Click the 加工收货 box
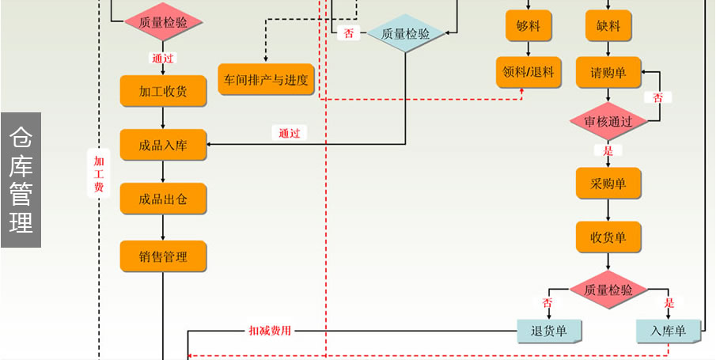click(x=163, y=91)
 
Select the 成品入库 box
click(x=163, y=145)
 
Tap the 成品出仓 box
click(x=163, y=199)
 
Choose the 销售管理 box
click(x=163, y=256)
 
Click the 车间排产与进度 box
click(x=266, y=79)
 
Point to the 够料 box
click(x=528, y=26)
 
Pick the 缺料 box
click(x=608, y=26)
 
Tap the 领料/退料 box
click(x=528, y=72)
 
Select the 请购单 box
click(x=608, y=73)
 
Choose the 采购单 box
click(x=608, y=184)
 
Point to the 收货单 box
click(x=608, y=237)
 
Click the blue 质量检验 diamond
click(x=406, y=34)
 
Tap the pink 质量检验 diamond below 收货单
click(x=608, y=290)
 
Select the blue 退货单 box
click(x=549, y=331)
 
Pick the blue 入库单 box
click(x=668, y=331)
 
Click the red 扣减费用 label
click(x=270, y=331)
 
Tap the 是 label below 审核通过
click(x=608, y=150)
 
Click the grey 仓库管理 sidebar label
click(x=21, y=180)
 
